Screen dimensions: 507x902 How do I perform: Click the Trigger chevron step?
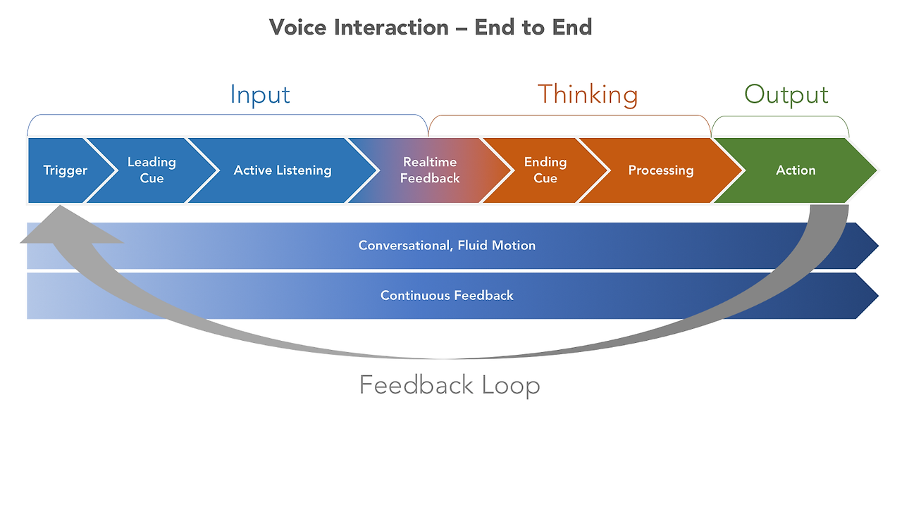[66, 170]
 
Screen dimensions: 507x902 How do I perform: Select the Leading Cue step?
[152, 170]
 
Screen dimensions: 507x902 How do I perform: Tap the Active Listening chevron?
[283, 170]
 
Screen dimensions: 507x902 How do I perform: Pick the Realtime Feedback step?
[430, 170]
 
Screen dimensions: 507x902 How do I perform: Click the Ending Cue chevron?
[545, 170]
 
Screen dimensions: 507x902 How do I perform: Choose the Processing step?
[661, 170]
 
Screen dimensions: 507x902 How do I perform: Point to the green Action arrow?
[796, 170]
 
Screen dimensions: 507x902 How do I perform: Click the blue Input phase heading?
[260, 95]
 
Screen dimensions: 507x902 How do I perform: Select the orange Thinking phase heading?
[588, 95]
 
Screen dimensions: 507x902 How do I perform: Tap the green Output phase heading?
[786, 95]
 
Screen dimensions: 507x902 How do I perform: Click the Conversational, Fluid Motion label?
[447, 246]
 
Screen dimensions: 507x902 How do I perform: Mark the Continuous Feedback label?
[447, 296]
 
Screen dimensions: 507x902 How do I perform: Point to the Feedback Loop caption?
[450, 385]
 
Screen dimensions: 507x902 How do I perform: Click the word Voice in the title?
[297, 27]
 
